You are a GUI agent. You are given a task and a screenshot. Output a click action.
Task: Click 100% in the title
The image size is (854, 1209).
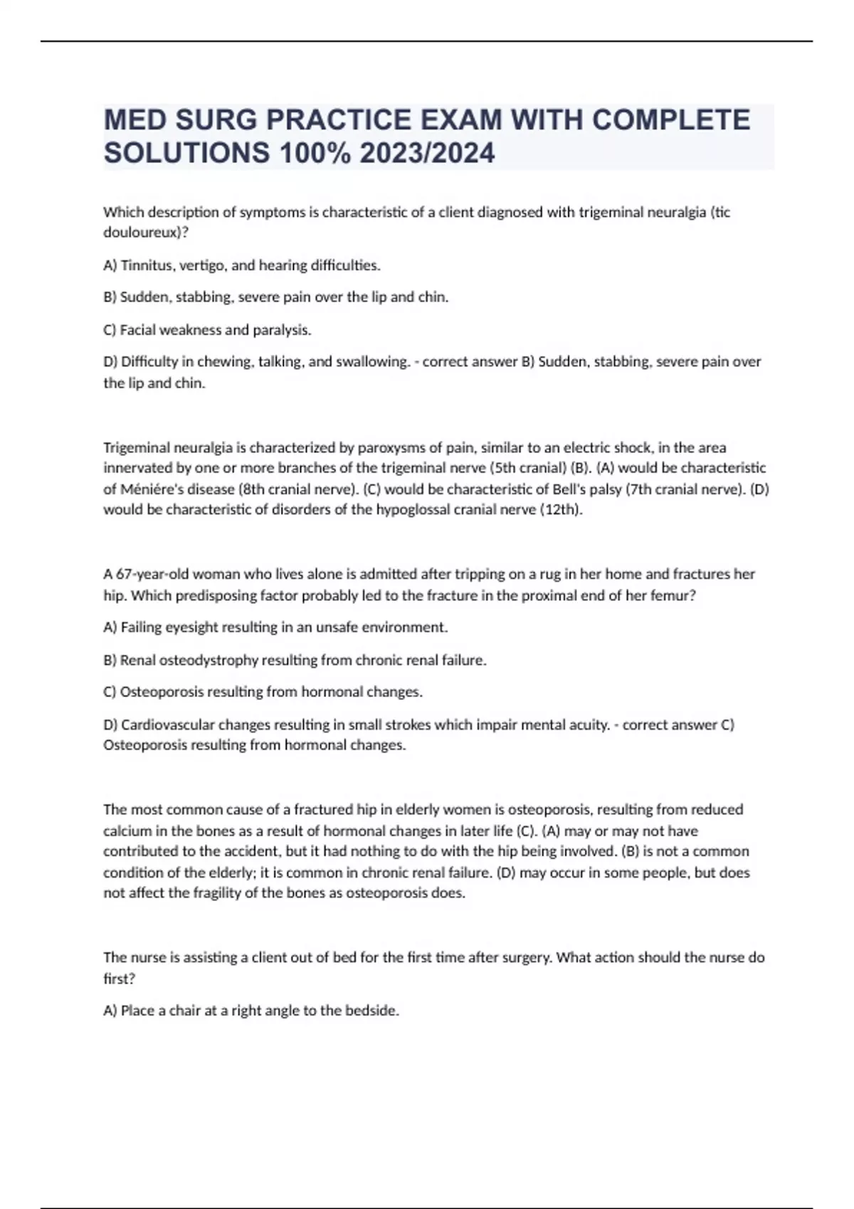(x=315, y=153)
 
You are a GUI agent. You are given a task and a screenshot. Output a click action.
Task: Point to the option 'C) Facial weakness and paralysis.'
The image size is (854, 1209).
(x=207, y=330)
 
